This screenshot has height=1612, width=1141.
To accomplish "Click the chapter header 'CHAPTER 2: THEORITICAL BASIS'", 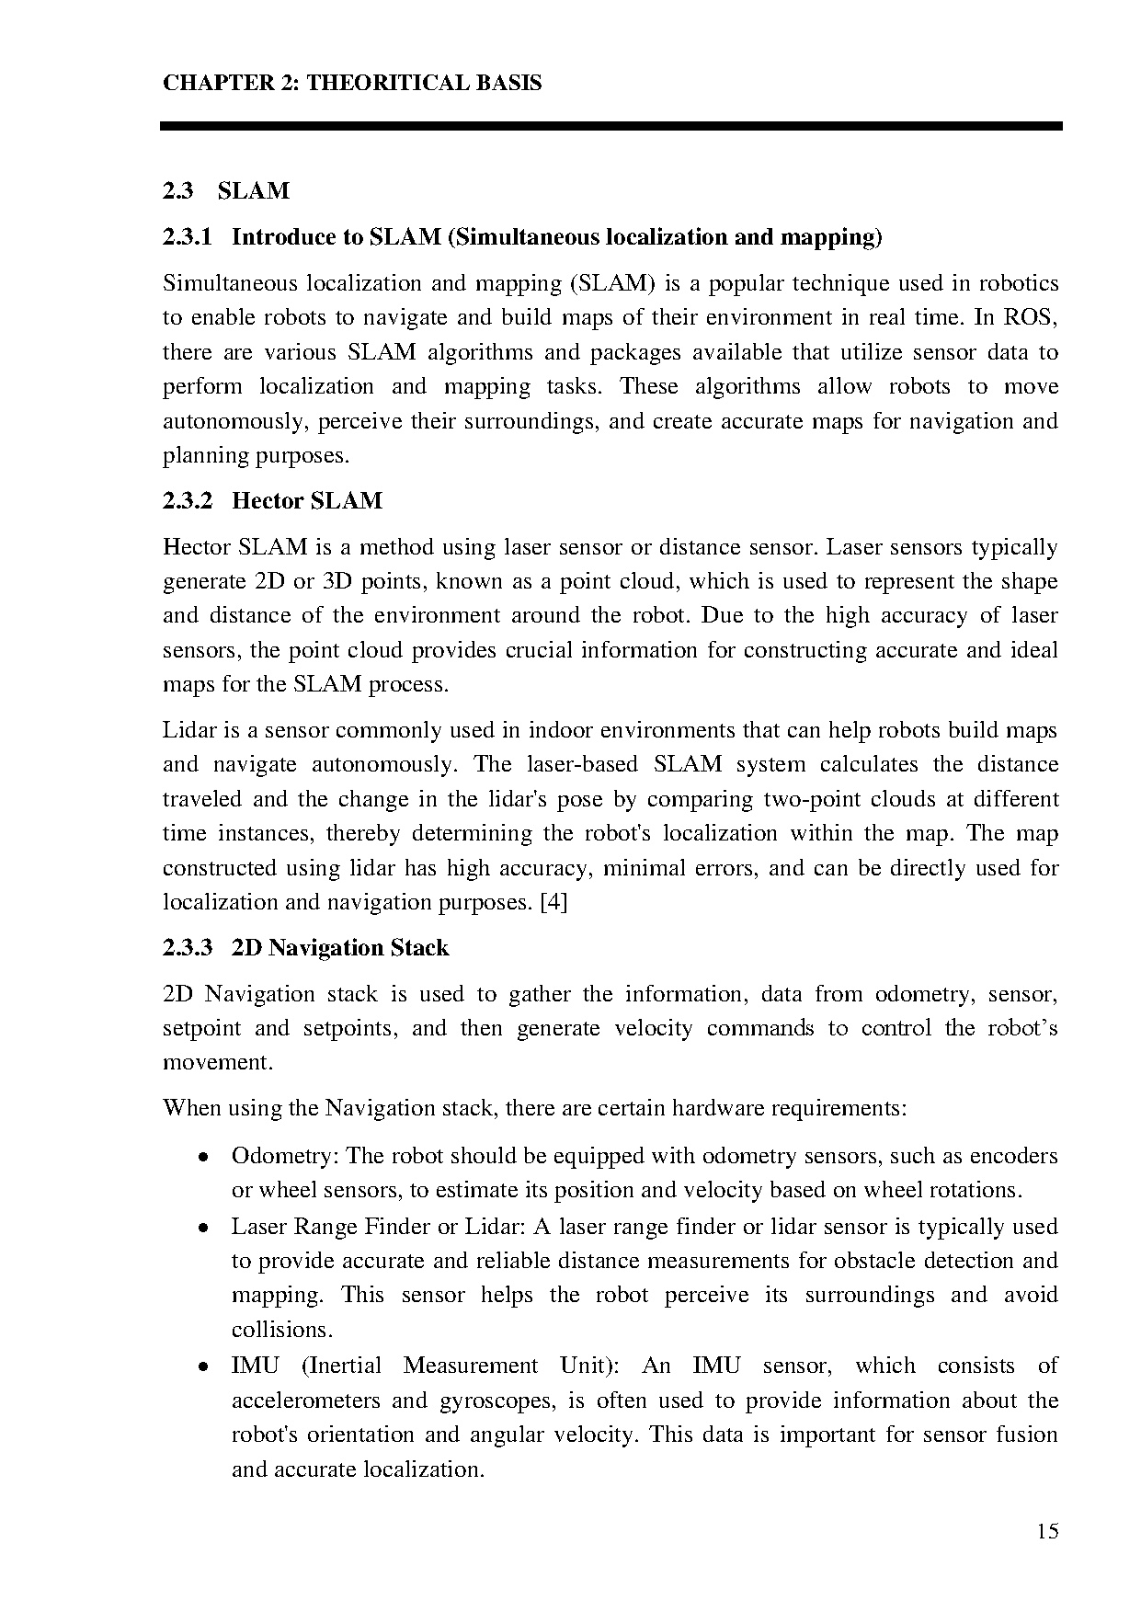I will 352,84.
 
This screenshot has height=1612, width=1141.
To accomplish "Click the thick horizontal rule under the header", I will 610,126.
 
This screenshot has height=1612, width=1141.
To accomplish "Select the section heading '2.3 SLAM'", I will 226,191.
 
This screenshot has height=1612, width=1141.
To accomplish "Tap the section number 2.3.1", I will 188,237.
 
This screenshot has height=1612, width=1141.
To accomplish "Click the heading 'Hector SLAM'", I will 307,501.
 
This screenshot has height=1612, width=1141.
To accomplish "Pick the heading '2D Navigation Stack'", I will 340,948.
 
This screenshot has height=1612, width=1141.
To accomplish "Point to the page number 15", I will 1047,1531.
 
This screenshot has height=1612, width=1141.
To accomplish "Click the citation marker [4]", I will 553,902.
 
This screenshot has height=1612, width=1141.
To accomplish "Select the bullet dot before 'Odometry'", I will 202,1157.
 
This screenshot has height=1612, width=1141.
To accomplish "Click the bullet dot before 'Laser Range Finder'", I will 202,1228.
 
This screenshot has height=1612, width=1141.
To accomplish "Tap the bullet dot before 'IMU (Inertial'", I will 202,1367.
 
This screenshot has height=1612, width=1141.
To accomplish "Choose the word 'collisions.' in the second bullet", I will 281,1330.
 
